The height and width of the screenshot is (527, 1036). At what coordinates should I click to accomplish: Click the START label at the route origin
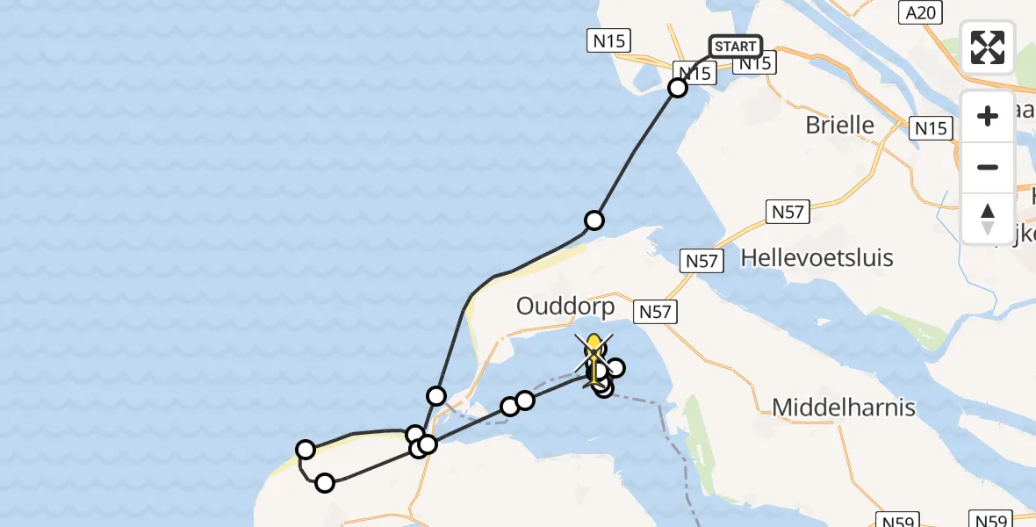click(x=735, y=47)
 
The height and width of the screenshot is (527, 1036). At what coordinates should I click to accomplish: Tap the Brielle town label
click(x=839, y=125)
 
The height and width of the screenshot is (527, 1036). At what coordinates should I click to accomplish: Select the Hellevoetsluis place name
click(x=817, y=257)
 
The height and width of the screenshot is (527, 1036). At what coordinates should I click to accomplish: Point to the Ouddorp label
click(x=565, y=307)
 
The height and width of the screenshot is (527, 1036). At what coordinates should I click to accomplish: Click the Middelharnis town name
click(x=844, y=407)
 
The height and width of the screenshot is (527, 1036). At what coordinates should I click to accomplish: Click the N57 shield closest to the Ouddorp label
click(x=655, y=311)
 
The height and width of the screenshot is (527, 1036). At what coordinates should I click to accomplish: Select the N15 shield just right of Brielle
click(x=930, y=128)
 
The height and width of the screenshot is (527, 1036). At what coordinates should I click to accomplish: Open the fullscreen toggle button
click(x=988, y=47)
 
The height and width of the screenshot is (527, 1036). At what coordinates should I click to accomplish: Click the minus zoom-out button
click(x=988, y=167)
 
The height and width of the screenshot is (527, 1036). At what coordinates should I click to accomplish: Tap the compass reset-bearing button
click(x=988, y=218)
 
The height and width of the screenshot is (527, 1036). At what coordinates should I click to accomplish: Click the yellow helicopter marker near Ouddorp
click(x=594, y=351)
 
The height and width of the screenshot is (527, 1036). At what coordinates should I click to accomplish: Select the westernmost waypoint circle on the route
click(x=306, y=450)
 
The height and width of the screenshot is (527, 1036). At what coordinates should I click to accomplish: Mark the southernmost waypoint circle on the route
click(x=325, y=482)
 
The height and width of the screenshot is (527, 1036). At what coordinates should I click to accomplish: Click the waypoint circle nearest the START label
click(x=678, y=88)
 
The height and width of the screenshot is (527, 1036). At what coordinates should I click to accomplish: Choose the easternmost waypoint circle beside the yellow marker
click(x=615, y=368)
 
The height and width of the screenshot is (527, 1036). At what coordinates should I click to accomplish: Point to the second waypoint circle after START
click(x=594, y=220)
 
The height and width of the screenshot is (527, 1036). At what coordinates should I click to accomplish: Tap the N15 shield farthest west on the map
click(x=608, y=40)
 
